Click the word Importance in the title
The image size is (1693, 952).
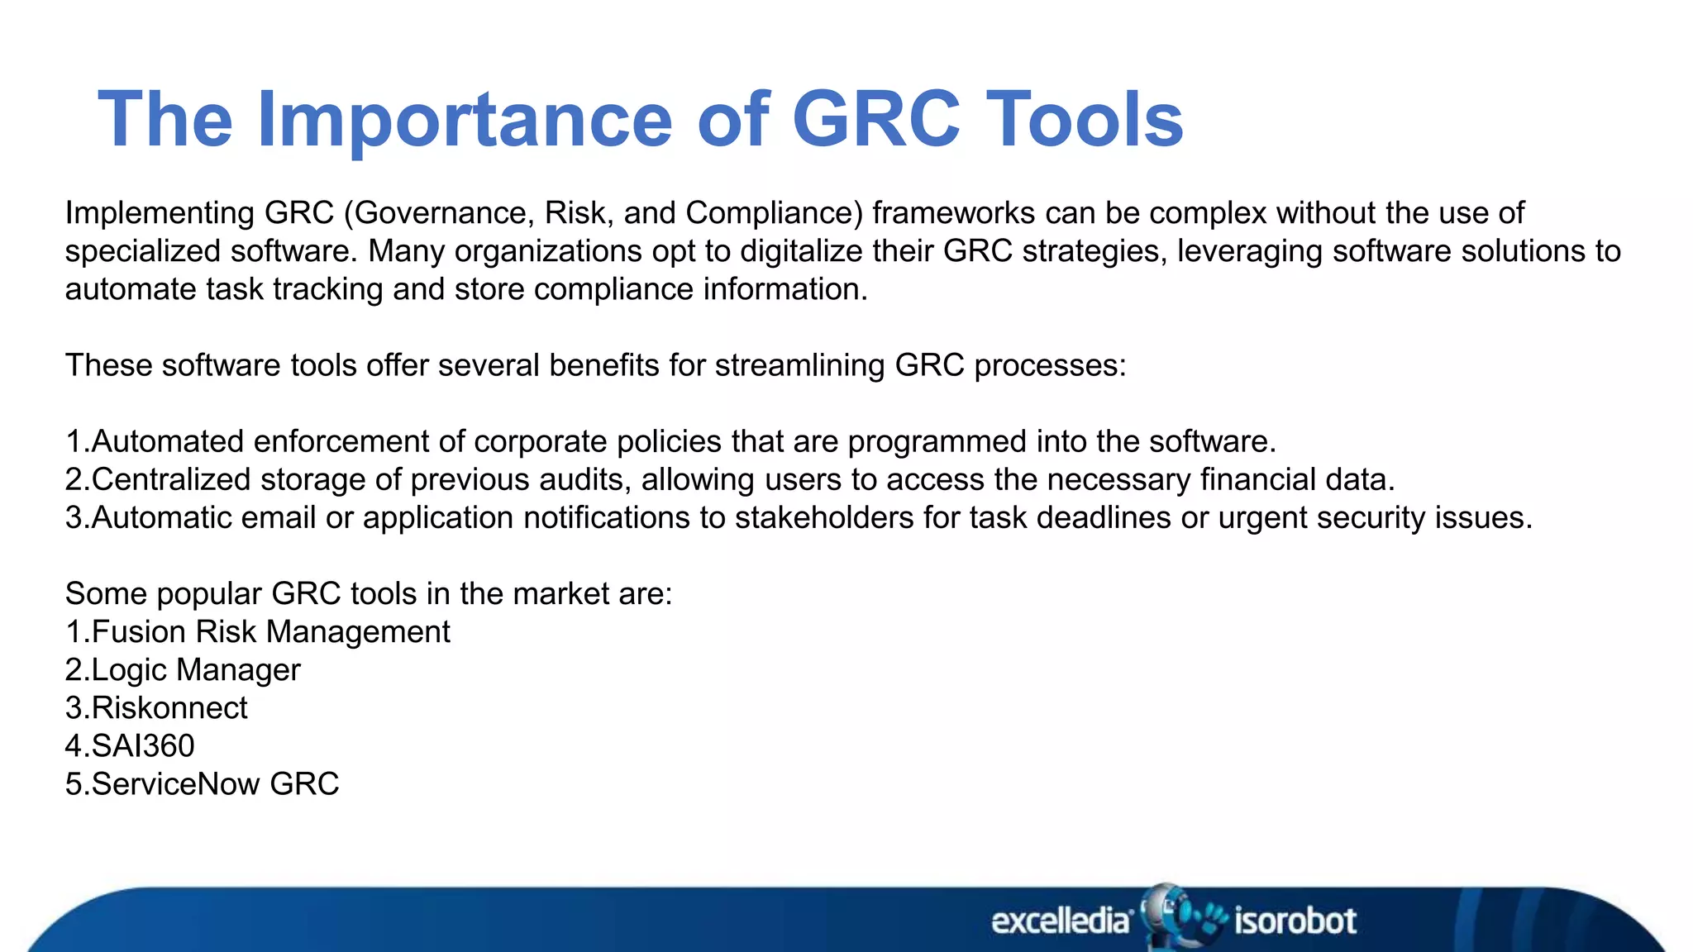click(465, 120)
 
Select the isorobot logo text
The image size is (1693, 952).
click(1295, 921)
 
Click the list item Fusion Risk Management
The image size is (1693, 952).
click(269, 632)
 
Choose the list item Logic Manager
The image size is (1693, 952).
click(195, 670)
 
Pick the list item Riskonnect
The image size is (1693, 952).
click(169, 708)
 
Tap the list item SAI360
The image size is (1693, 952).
click(142, 746)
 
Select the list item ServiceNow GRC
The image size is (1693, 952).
click(215, 784)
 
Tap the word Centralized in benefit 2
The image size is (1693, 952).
click(170, 479)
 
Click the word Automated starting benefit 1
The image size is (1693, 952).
click(168, 441)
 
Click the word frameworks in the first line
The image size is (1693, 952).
click(953, 213)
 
